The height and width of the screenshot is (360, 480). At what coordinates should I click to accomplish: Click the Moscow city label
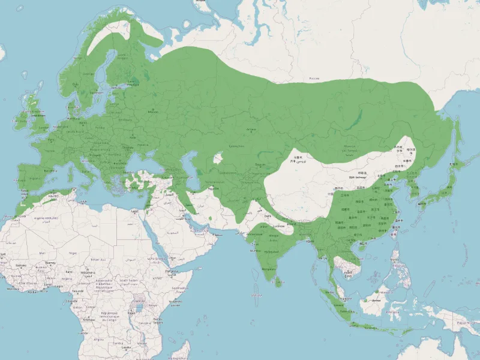[x=153, y=112]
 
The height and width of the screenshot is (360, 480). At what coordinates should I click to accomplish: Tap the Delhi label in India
[x=268, y=215]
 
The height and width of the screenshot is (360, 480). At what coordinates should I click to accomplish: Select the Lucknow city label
[x=278, y=226]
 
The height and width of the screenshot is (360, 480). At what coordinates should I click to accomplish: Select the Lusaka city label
[x=126, y=347]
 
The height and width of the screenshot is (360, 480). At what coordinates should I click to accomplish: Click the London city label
[x=43, y=127]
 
